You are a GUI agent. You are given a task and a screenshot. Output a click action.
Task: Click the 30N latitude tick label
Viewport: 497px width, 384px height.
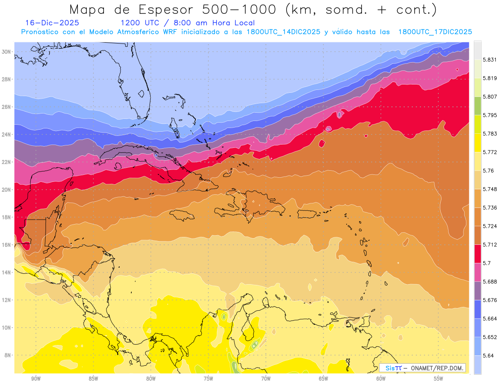7,52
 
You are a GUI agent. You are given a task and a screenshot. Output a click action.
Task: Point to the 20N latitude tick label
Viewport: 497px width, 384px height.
7,190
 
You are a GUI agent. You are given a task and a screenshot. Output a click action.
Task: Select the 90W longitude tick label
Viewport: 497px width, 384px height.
36,378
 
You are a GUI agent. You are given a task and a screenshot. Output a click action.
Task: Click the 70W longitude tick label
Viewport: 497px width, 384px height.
266,378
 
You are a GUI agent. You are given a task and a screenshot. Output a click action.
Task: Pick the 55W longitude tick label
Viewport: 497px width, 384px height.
439,378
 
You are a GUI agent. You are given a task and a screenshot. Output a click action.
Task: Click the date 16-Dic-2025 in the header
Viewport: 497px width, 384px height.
52,23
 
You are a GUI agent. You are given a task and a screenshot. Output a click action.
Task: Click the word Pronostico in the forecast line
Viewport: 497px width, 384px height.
42,32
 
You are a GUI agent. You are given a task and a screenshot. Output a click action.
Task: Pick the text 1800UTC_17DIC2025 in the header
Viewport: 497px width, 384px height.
435,32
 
